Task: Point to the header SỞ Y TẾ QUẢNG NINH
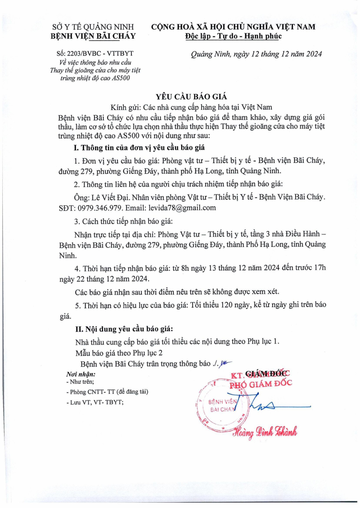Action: pos(93,27)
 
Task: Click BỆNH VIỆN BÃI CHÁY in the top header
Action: pos(93,36)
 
